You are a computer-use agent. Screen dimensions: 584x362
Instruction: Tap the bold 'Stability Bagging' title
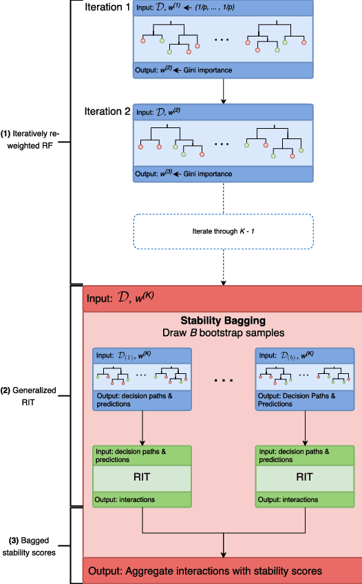click(x=222, y=320)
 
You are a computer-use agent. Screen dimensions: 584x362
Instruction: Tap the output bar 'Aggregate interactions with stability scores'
click(x=222, y=571)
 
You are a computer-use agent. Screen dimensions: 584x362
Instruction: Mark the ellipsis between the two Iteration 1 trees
click(x=222, y=40)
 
